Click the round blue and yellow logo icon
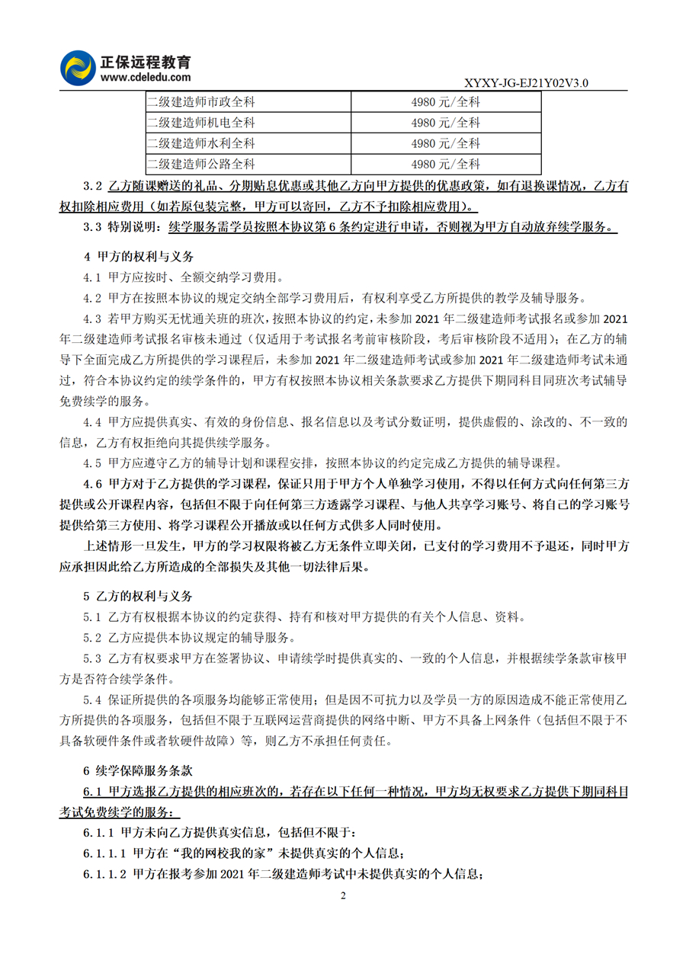click(x=78, y=68)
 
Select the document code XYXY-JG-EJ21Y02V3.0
click(x=526, y=83)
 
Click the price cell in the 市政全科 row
click(x=445, y=101)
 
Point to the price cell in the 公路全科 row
click(x=445, y=163)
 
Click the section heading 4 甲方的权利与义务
click(x=138, y=257)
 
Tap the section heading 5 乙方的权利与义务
click(x=138, y=595)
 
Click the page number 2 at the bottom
click(x=343, y=895)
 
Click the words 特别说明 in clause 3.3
click(x=130, y=227)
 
